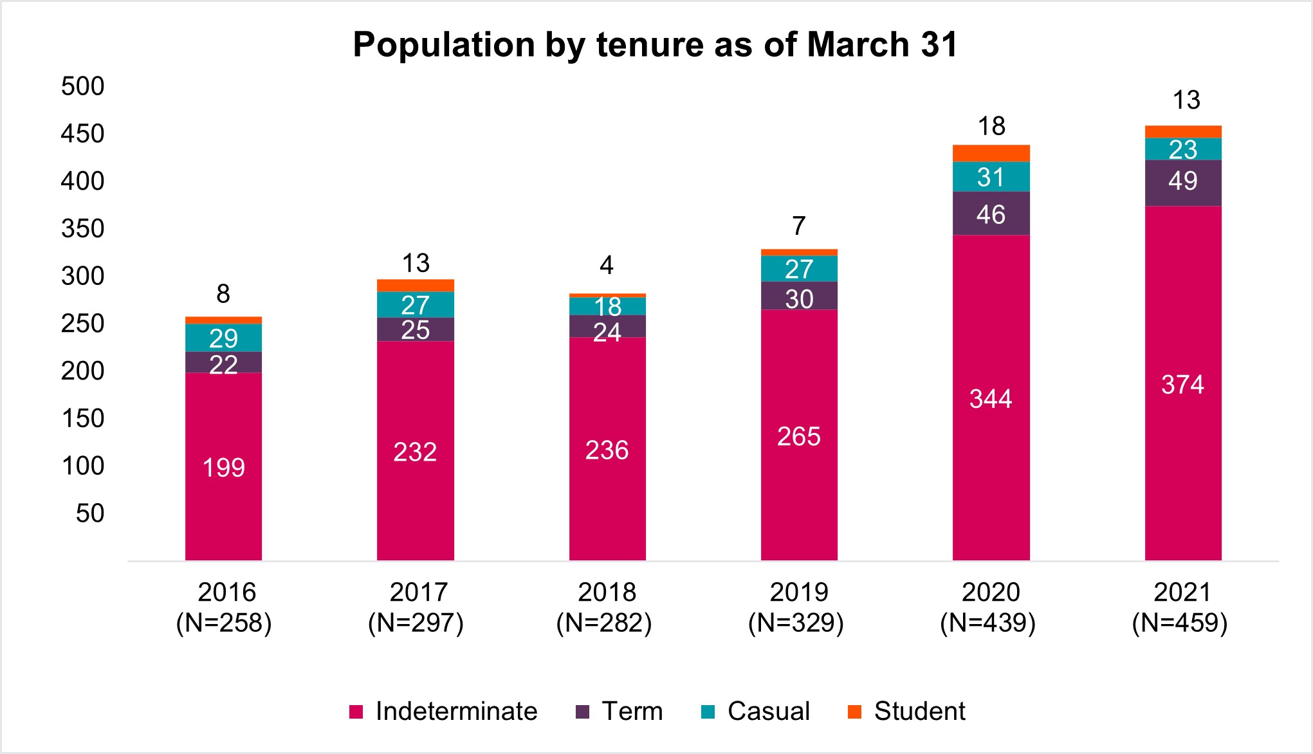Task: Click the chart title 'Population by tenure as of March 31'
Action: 656,45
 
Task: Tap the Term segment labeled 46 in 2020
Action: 991,214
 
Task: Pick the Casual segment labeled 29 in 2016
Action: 223,338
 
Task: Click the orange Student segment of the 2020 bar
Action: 991,153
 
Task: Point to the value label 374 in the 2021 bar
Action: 1182,385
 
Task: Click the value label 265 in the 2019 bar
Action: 799,437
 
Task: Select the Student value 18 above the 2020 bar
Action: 991,127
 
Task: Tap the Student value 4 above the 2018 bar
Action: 607,265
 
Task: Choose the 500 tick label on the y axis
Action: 82,86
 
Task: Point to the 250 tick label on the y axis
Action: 82,324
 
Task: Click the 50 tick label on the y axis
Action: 89,513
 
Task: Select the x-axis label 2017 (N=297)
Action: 416,607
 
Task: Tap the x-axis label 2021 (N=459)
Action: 1180,607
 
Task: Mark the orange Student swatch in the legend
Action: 854,712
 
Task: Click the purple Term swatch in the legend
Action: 583,712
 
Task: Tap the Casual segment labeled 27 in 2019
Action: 799,269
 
